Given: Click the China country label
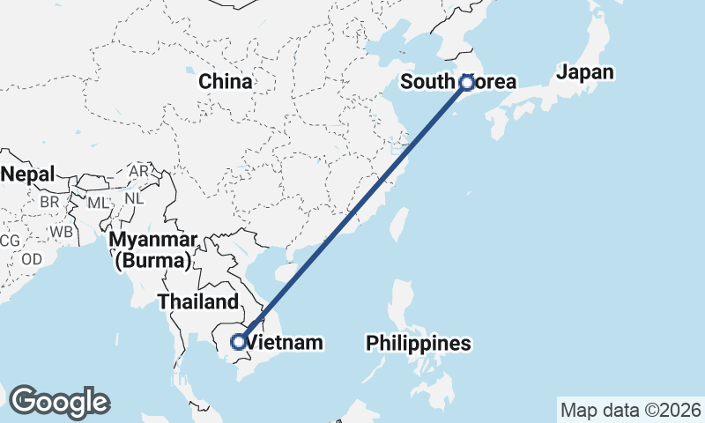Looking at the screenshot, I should [225, 82].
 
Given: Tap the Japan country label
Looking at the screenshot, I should [585, 72].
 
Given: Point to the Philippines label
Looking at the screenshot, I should [419, 343].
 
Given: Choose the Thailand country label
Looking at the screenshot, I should [198, 302].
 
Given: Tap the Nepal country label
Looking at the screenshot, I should [27, 174].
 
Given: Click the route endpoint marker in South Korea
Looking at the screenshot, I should [467, 83].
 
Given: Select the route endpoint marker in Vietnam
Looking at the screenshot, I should [237, 341].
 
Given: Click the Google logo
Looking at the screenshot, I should [59, 401].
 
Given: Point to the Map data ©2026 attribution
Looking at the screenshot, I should [630, 410].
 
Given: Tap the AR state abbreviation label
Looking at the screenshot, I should [138, 170].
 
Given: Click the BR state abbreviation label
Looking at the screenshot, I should [49, 202].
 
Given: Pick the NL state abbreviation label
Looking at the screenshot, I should [133, 198].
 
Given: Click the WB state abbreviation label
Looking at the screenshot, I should [61, 232].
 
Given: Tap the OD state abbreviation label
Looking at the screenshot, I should [32, 259].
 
